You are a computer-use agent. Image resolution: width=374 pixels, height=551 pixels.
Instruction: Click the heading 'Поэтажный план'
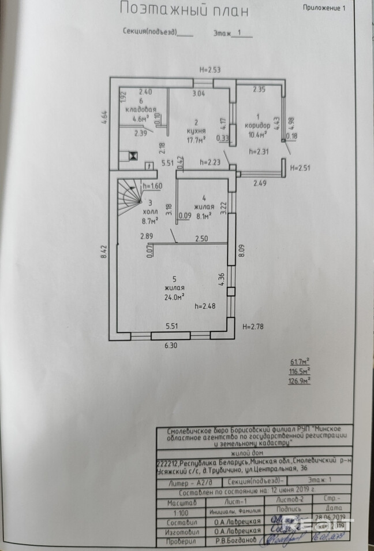click(184, 10)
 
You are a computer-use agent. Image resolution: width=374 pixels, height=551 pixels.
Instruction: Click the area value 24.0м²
click(174, 297)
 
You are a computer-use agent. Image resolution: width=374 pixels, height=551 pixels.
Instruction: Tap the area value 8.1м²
click(203, 216)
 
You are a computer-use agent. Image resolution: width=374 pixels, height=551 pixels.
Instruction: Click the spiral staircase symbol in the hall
click(131, 194)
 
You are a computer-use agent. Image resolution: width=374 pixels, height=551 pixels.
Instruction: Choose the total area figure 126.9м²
click(300, 381)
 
